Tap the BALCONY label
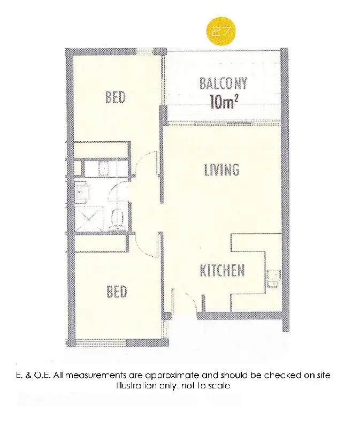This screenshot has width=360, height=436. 223,83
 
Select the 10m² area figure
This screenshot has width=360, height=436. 223,102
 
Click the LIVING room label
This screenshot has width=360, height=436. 221,170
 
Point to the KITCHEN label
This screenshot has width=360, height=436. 223,271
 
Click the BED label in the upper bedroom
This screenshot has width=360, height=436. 116,97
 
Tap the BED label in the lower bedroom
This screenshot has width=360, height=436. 116,292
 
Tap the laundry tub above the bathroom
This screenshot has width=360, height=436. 104,169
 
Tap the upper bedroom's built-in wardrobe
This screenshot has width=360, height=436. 100,150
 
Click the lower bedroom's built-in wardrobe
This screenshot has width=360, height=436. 100,244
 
